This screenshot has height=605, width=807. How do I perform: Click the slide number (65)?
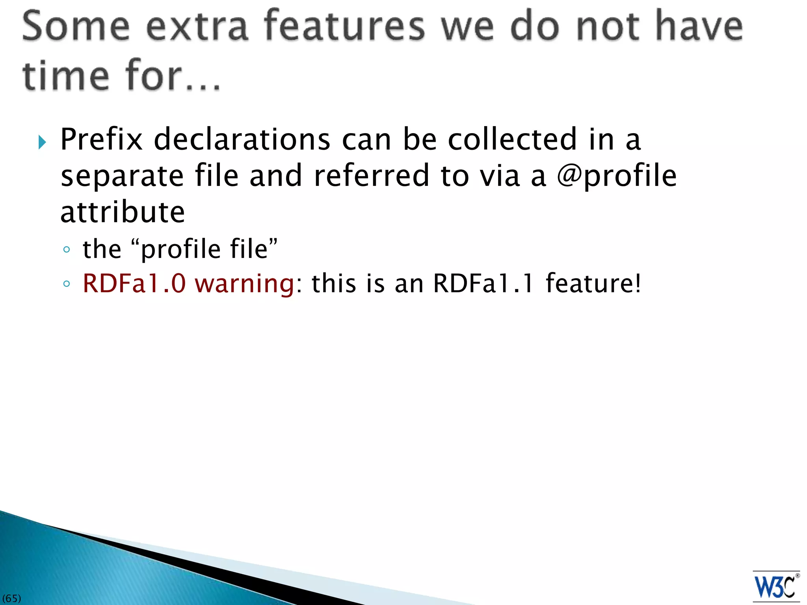[11, 599]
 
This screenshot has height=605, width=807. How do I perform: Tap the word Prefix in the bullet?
[101, 139]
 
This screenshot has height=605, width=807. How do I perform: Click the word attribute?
[123, 212]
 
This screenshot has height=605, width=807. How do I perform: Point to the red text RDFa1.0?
[134, 283]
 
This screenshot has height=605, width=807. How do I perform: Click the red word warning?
[245, 284]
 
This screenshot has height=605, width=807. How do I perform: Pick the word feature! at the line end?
[593, 283]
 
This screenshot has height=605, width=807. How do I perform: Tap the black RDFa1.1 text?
[483, 283]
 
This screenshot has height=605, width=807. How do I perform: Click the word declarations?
[242, 139]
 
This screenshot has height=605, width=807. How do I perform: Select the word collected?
[513, 139]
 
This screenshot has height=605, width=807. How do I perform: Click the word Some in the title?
[76, 26]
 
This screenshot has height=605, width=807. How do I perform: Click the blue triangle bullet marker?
[43, 142]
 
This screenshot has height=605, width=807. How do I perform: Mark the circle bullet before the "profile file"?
[67, 249]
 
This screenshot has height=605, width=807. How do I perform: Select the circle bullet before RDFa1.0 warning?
[67, 284]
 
